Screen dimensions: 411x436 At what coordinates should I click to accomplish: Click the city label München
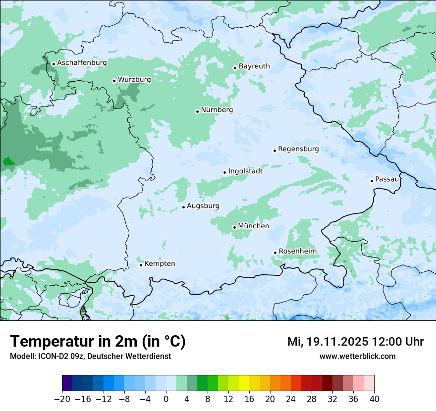coord(254,226)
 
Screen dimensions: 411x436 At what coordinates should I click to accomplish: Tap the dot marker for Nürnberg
coord(197,111)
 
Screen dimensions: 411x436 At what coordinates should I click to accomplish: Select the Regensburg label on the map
coord(298,149)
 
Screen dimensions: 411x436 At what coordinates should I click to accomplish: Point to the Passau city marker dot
coord(372,181)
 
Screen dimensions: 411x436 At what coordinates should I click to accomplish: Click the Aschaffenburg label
coord(82,63)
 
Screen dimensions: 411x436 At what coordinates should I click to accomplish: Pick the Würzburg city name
coord(134,80)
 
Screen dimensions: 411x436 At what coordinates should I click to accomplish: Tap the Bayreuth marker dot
coord(235,68)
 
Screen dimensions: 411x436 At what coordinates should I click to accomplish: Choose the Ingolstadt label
coord(245,171)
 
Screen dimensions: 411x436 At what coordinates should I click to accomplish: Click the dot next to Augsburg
coord(183,207)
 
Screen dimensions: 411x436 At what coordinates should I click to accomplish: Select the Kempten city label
coord(160,264)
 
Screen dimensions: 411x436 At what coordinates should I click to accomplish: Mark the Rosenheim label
coord(297,252)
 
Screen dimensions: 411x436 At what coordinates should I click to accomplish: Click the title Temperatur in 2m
coord(98,341)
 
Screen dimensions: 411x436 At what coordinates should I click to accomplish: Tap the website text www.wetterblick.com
coord(357,356)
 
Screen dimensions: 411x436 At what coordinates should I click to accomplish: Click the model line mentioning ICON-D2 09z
coord(90,356)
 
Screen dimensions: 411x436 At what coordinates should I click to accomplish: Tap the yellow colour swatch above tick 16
coord(244,383)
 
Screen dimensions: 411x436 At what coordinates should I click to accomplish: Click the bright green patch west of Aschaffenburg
coord(8,161)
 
